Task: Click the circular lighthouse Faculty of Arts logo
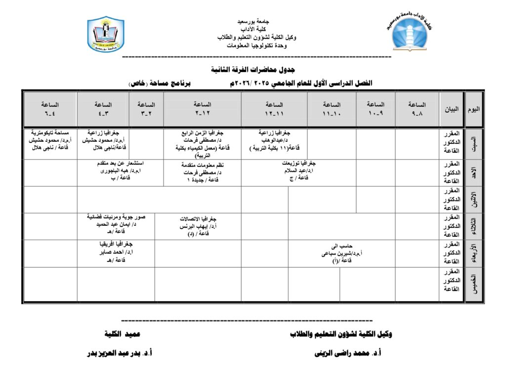click(412, 32)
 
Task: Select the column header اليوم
click(474, 109)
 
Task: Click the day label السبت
click(474, 143)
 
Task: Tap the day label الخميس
click(474, 285)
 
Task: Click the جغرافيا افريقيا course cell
click(116, 252)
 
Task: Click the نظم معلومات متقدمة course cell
click(202, 173)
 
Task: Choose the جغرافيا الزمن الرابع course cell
click(202, 143)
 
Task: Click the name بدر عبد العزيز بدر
click(119, 353)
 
